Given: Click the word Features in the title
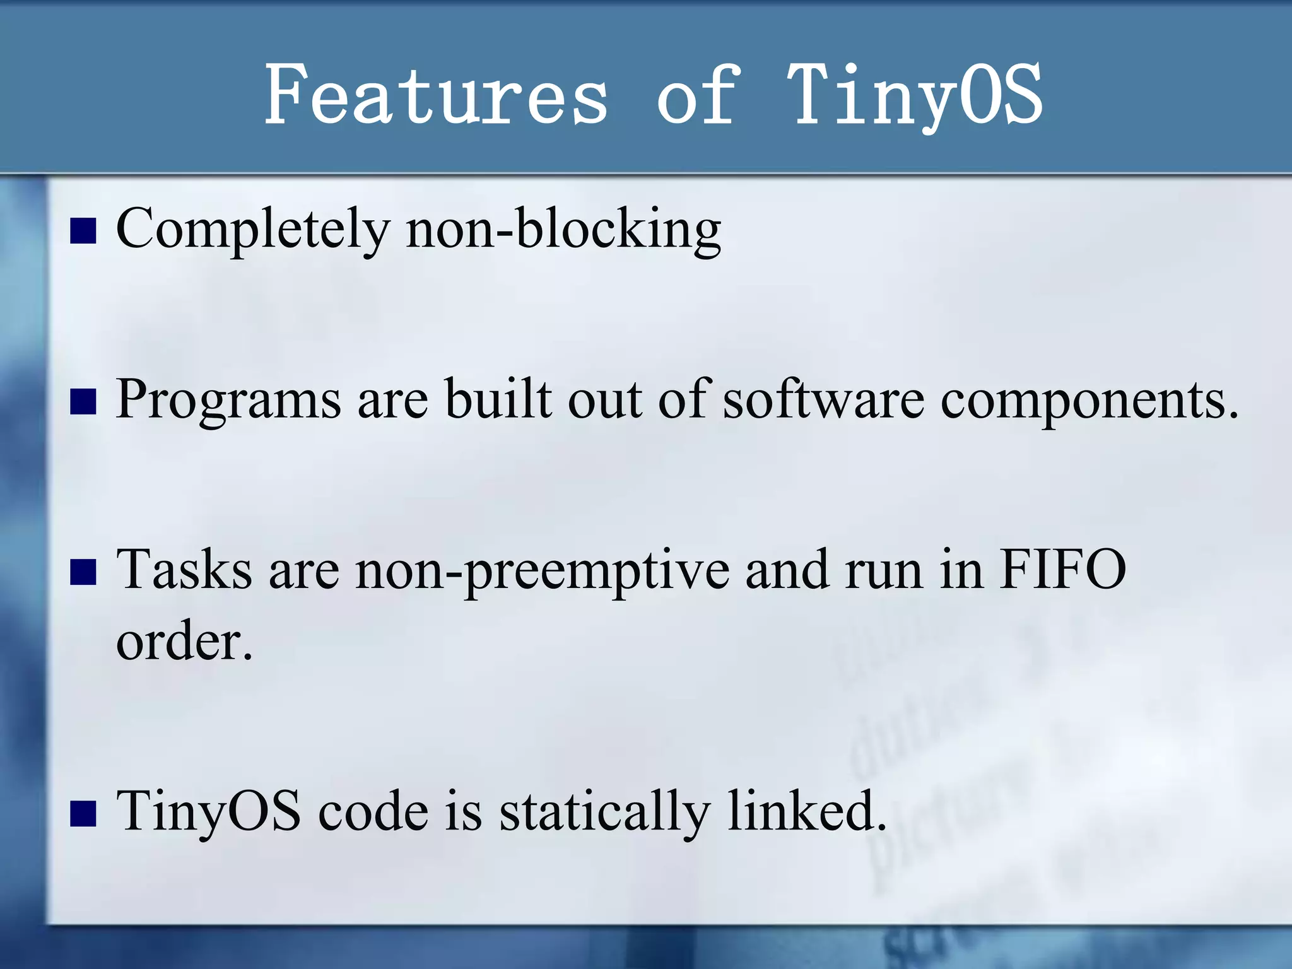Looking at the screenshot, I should (435, 95).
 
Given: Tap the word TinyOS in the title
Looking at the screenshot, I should (915, 95).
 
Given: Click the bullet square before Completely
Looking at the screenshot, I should (83, 231).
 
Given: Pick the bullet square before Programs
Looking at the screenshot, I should (83, 401).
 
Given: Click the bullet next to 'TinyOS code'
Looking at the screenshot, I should (83, 813).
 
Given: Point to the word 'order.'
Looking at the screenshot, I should (184, 642).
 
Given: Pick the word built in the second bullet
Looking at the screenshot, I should (498, 399).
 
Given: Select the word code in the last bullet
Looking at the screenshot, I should (373, 811).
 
